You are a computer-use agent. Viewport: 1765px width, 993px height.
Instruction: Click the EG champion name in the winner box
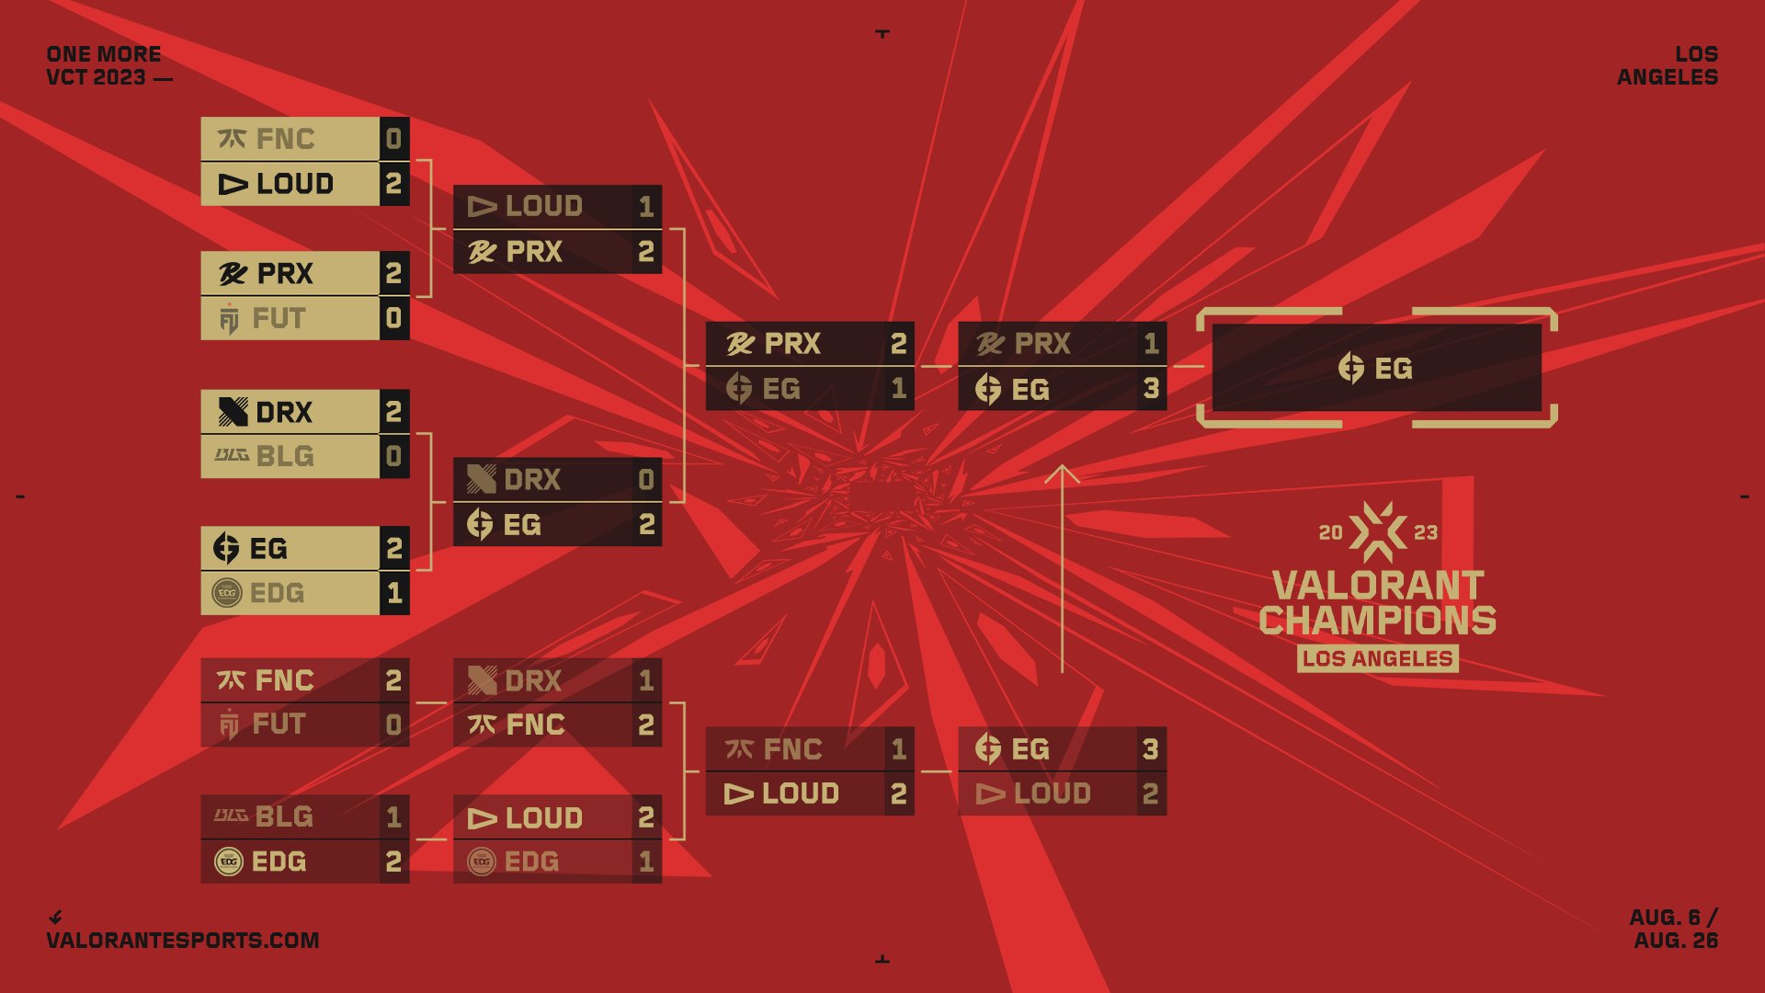[x=1393, y=369]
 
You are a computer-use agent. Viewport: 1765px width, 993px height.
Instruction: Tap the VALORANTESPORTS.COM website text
[x=183, y=941]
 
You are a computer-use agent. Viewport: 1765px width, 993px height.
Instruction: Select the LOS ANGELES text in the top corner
[x=1668, y=65]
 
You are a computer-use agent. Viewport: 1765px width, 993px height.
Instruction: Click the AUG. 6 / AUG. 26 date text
[x=1674, y=929]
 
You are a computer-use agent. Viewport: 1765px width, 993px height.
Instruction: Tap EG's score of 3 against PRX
[x=1151, y=389]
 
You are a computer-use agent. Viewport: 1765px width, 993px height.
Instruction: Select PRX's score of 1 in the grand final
[x=1151, y=344]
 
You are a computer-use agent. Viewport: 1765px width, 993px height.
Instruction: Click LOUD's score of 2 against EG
[x=1151, y=793]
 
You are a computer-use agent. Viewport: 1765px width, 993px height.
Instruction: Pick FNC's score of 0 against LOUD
[x=393, y=139]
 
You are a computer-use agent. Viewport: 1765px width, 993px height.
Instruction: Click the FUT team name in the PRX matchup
[x=279, y=318]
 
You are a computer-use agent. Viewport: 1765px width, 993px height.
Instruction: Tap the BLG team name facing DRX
[x=285, y=456]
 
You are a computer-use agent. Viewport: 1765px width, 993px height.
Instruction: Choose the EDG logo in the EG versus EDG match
[x=227, y=593]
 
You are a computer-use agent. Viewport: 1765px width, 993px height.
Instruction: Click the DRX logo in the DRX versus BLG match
[x=233, y=411]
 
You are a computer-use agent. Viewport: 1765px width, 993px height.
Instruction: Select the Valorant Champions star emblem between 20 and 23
[x=1377, y=531]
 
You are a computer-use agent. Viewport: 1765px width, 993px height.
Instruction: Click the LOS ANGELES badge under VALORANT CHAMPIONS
[x=1377, y=658]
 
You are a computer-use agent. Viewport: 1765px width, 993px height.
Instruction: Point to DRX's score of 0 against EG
[x=646, y=479]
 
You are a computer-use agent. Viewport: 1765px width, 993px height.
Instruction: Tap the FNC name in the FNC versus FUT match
[x=285, y=680]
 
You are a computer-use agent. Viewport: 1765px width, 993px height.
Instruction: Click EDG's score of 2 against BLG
[x=393, y=862]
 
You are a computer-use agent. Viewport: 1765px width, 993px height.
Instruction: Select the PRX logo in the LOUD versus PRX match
[x=483, y=251]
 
